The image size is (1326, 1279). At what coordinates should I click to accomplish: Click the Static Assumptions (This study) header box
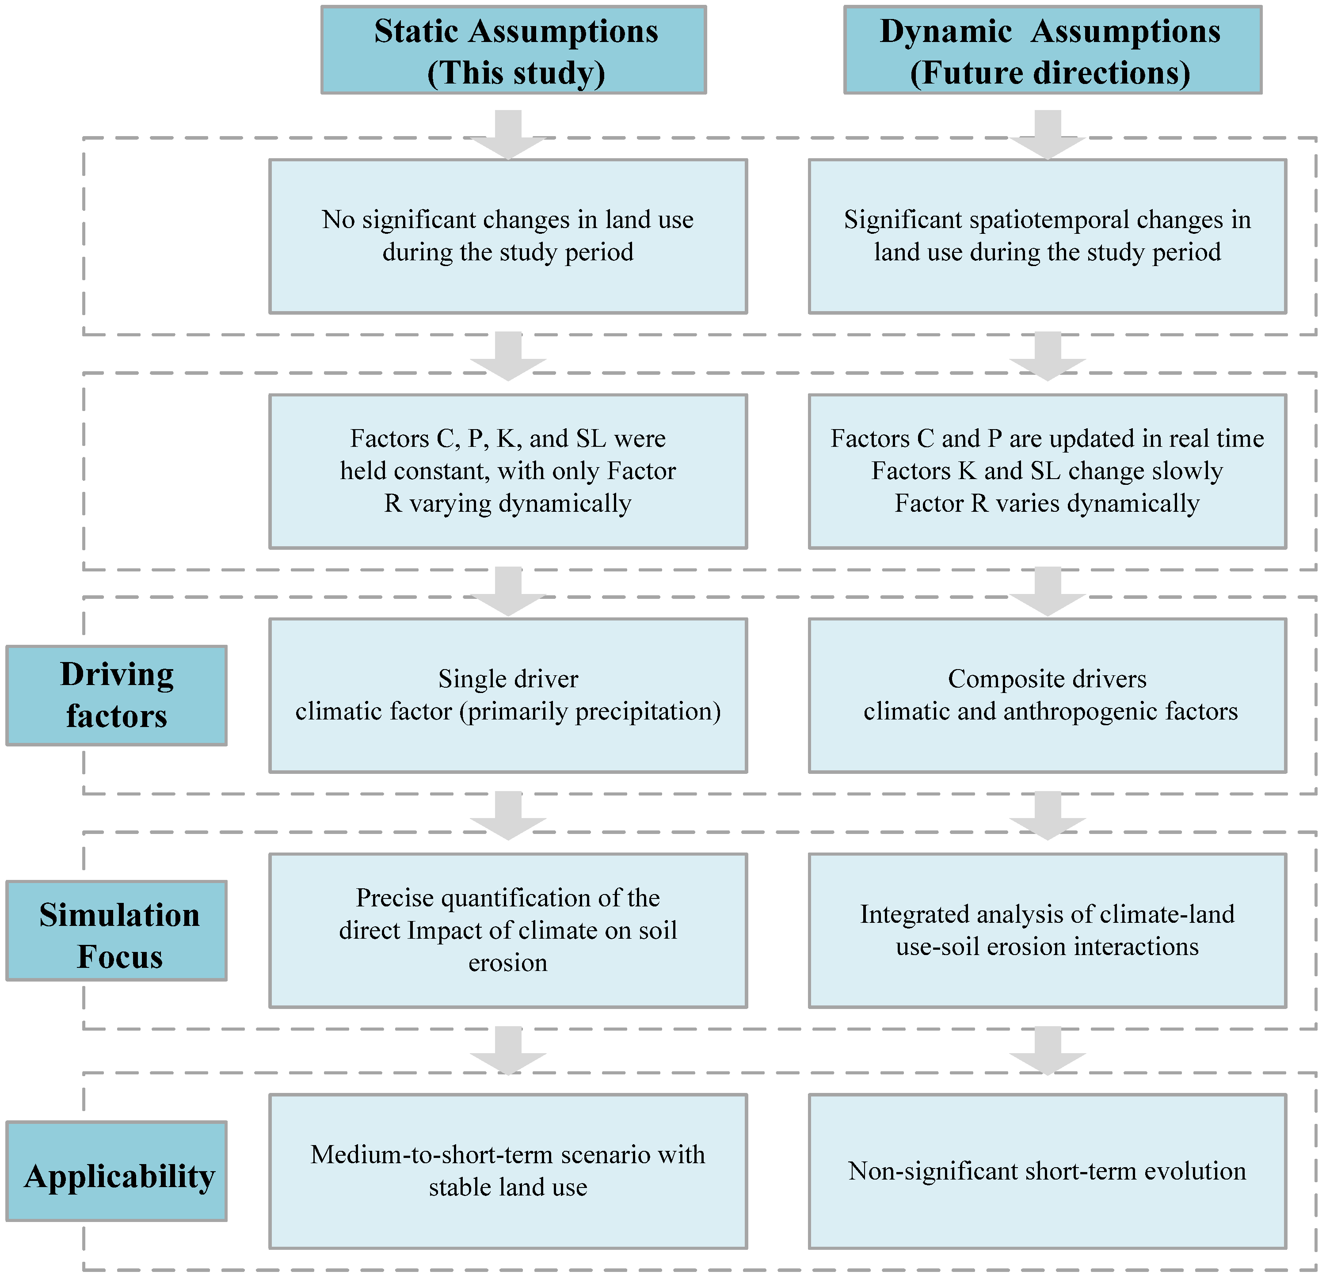(x=514, y=50)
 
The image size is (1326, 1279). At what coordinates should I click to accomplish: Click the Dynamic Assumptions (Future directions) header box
(x=1053, y=50)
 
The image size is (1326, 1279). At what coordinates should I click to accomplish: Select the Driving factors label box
(x=116, y=695)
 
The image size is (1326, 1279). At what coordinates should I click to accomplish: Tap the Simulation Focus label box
(x=116, y=930)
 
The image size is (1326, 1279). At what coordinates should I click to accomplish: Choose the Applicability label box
(x=116, y=1171)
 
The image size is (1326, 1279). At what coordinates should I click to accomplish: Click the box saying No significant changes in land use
(x=508, y=236)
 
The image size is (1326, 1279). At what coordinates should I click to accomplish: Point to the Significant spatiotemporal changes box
(x=1047, y=236)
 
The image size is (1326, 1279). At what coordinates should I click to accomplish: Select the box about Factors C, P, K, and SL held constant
(x=508, y=471)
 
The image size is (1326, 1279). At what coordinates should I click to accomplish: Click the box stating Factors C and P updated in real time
(x=1047, y=471)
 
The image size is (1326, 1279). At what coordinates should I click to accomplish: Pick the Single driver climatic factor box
(x=508, y=695)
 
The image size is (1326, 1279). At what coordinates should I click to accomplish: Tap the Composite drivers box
(x=1047, y=695)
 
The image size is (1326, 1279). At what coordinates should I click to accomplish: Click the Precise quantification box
(x=508, y=930)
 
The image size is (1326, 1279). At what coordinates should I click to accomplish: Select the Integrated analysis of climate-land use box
(x=1047, y=930)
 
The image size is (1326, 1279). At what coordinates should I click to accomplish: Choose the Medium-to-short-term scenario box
(x=508, y=1171)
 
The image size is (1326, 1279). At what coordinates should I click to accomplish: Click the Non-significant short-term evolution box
(x=1047, y=1171)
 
